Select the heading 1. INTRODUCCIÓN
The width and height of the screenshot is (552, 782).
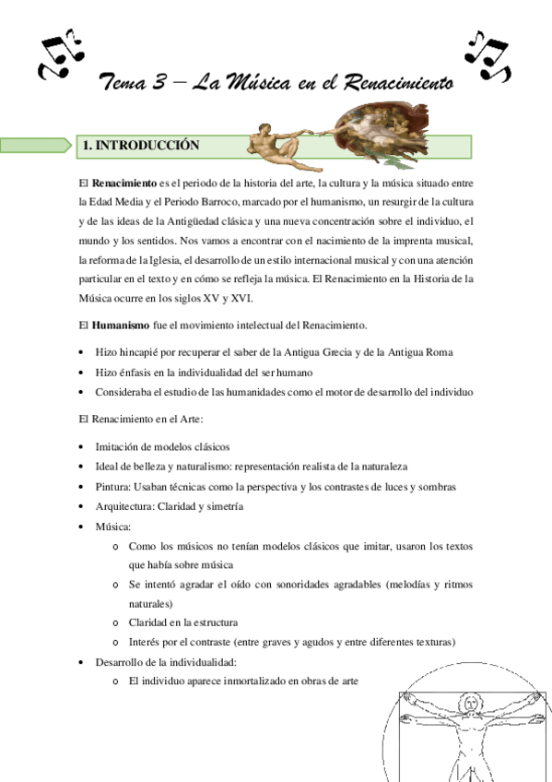pyautogui.click(x=141, y=145)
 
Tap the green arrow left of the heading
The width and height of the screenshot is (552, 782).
pyautogui.click(x=35, y=145)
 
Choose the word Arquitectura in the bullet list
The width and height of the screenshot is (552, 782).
pyautogui.click(x=124, y=506)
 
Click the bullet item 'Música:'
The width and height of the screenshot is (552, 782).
pyautogui.click(x=112, y=527)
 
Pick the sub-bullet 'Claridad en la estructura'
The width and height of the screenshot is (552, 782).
pyautogui.click(x=182, y=622)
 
